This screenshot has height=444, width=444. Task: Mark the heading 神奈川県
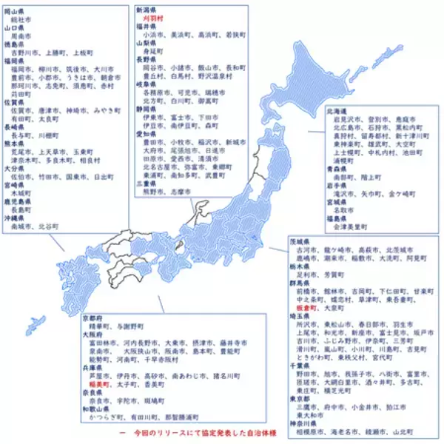tap(301, 422)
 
